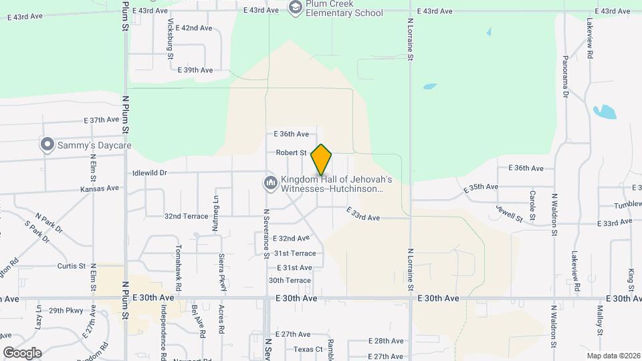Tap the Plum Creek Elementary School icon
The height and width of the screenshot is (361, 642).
[x=295, y=7]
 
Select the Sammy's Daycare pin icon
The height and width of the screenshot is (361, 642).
[x=47, y=144]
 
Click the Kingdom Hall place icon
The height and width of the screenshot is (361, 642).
[x=270, y=183]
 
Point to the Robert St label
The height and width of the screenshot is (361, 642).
[x=291, y=153]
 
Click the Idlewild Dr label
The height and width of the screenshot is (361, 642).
[x=149, y=172]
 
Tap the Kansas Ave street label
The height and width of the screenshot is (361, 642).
[x=99, y=189]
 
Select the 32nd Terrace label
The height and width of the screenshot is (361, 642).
[x=186, y=217]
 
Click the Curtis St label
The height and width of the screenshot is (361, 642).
[x=72, y=266]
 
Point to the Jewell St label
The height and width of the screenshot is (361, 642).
[x=509, y=215]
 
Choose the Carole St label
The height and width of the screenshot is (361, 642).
[x=532, y=205]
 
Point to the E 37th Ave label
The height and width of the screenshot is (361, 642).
[x=101, y=120]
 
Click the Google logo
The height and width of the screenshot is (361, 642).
[x=22, y=353]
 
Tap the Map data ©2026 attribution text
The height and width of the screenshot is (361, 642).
[x=613, y=356]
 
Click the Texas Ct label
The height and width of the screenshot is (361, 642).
[x=308, y=349]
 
